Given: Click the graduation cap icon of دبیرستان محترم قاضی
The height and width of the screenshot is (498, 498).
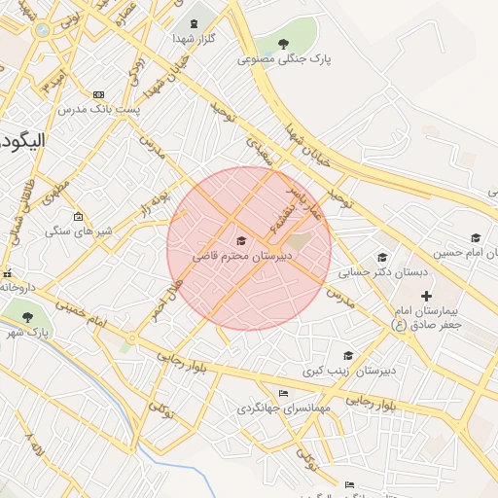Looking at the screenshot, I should click(241, 240).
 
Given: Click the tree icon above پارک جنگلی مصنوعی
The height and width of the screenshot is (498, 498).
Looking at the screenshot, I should click(283, 44).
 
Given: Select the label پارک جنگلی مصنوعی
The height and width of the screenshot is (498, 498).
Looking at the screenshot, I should click(284, 59).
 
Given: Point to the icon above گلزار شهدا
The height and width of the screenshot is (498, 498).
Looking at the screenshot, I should click(192, 22).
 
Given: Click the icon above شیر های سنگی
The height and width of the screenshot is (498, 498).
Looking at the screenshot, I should click(78, 216).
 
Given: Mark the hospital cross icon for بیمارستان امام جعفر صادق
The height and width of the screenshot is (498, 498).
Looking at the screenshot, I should click(425, 295).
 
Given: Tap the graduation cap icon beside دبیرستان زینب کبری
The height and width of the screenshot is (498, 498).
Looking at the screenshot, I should click(348, 355).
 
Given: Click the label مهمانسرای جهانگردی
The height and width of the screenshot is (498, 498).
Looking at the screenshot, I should click(283, 409).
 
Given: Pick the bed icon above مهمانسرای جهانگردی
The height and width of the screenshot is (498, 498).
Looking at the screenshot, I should click(283, 393).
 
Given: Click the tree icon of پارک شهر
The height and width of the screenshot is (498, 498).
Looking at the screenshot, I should click(26, 316).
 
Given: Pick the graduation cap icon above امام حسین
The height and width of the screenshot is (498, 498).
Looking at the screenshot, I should click(475, 237).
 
